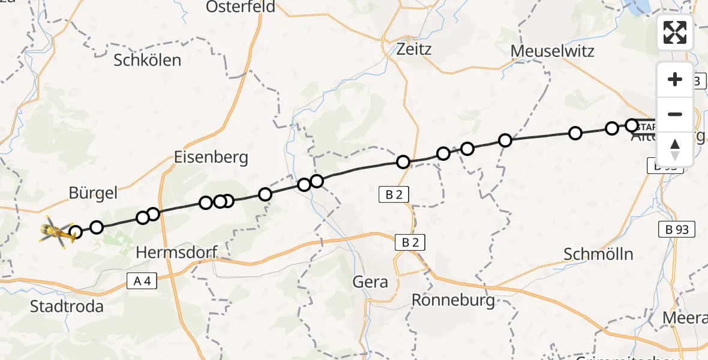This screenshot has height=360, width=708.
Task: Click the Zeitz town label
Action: click(x=414, y=49)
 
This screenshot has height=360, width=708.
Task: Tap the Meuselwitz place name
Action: click(x=553, y=51)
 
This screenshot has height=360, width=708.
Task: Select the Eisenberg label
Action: click(x=210, y=158)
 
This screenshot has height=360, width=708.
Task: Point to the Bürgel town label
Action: click(x=93, y=193)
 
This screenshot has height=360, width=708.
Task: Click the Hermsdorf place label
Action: click(x=176, y=253)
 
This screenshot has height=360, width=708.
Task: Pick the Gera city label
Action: click(x=371, y=281)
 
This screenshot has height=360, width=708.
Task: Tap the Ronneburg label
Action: click(x=454, y=299)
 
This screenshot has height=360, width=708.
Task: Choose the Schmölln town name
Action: click(x=598, y=254)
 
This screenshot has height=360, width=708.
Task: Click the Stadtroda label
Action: click(x=67, y=307)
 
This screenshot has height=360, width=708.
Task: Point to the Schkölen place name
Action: click(x=147, y=60)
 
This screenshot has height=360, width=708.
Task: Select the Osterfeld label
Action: click(x=241, y=7)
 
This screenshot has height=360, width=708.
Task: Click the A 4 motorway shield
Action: click(x=138, y=281)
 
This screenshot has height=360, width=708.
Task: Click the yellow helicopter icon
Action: click(x=56, y=233)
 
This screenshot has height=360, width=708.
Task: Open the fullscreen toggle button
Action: click(x=675, y=32)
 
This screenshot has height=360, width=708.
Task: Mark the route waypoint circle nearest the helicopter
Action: click(x=76, y=232)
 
